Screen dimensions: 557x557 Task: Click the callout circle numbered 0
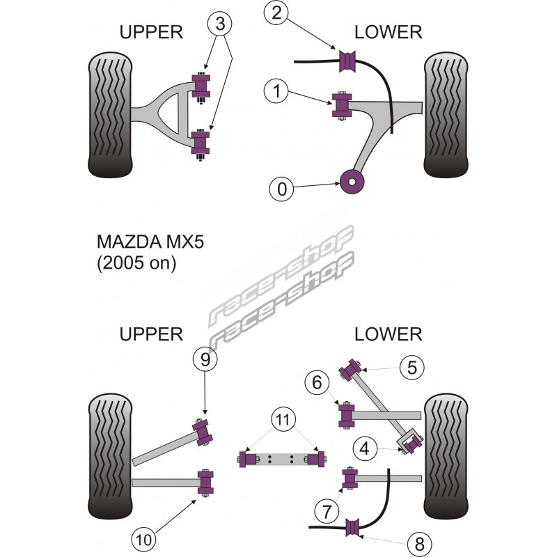coord(281,188)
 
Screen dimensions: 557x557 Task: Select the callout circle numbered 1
coord(277,90)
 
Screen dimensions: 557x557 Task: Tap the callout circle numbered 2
coord(277,12)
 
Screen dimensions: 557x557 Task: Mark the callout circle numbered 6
coord(316,382)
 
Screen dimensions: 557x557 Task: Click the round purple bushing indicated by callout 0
coord(352,183)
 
